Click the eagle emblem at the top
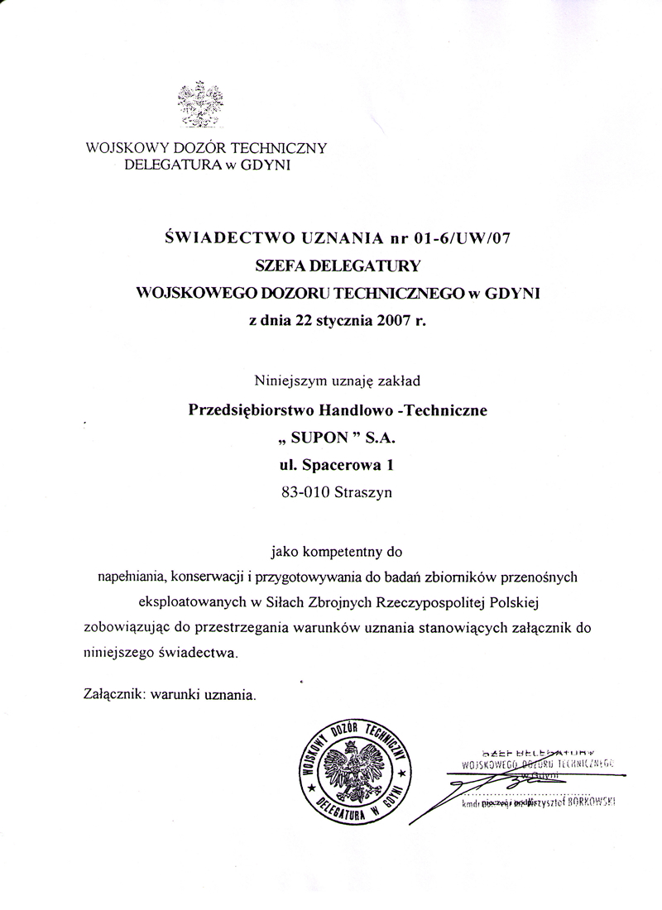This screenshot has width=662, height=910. pos(201,104)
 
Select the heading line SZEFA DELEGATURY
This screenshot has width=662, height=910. pos(338,266)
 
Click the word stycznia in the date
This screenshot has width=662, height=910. pos(342,321)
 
